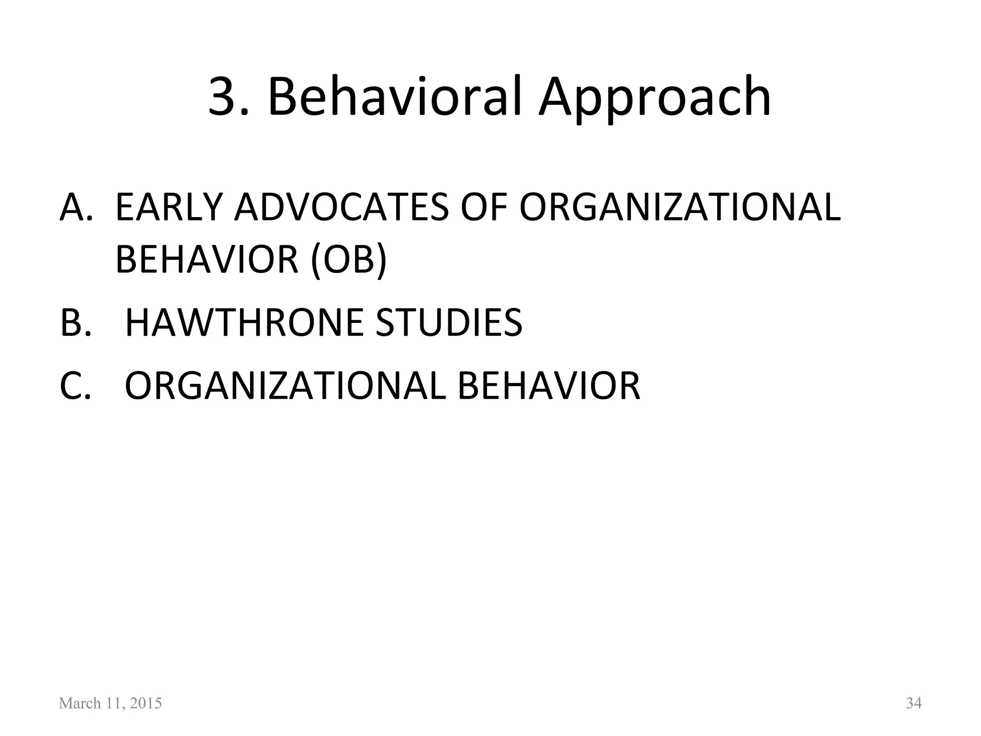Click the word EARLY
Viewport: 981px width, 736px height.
(x=168, y=207)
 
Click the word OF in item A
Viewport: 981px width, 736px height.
(x=484, y=207)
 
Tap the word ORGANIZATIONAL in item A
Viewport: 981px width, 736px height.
(x=680, y=207)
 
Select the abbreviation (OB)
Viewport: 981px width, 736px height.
(x=348, y=260)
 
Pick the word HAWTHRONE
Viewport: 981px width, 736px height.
(x=244, y=322)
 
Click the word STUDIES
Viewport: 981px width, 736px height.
(x=449, y=322)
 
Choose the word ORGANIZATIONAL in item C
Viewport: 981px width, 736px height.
(x=285, y=385)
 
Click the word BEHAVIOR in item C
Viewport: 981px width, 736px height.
(x=549, y=385)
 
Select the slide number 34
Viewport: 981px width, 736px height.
(x=913, y=703)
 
